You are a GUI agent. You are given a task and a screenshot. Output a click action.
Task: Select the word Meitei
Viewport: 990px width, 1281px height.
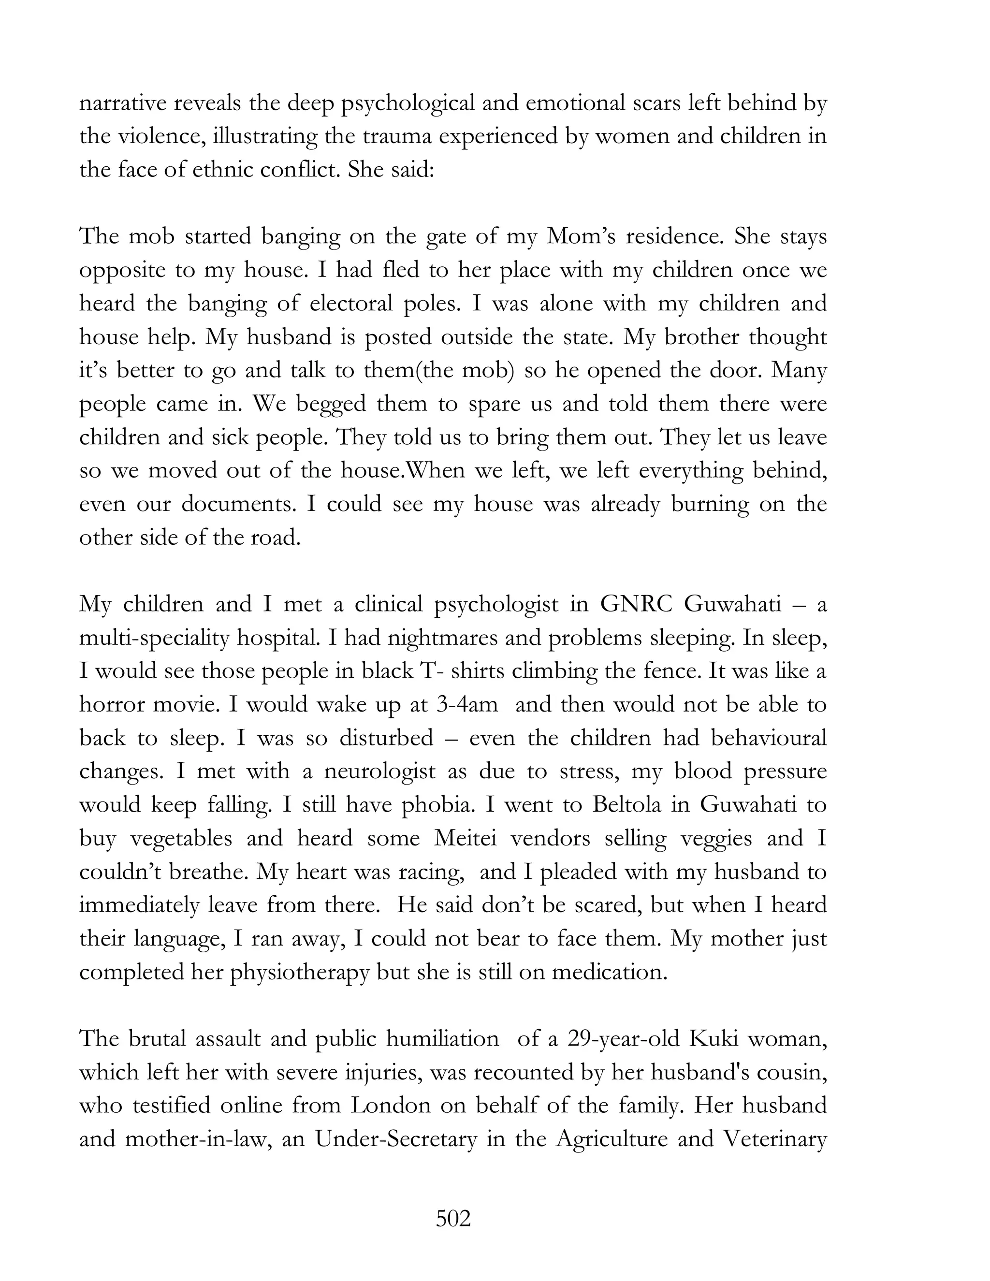click(465, 838)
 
